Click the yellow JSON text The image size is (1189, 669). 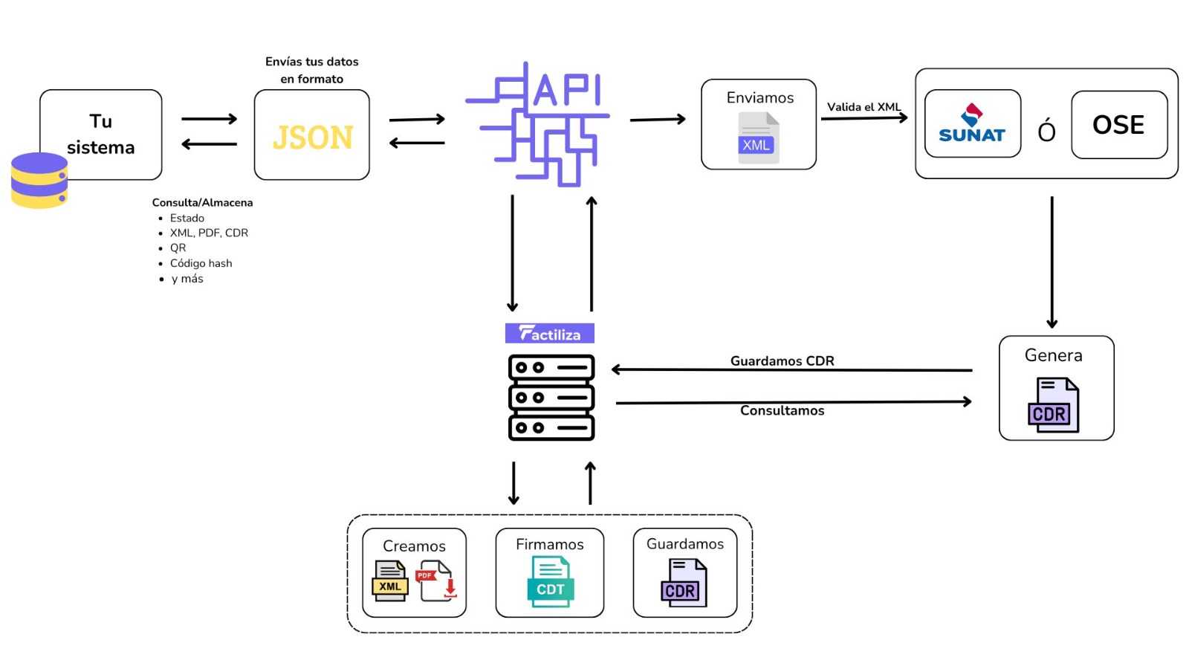[x=312, y=138]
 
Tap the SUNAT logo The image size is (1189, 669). [x=971, y=124]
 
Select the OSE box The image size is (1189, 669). [x=1118, y=125]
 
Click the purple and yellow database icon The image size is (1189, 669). [x=39, y=180]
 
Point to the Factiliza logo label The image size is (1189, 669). [x=549, y=333]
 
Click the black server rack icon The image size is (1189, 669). [x=551, y=398]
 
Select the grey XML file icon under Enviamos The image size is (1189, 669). [x=758, y=138]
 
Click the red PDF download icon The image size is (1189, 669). [x=436, y=581]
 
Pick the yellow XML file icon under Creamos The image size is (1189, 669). [x=390, y=581]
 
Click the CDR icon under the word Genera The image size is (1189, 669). [x=1053, y=405]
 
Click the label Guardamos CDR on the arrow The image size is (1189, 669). [x=782, y=361]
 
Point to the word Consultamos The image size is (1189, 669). [x=782, y=410]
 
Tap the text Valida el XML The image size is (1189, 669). [x=864, y=107]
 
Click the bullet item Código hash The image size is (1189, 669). [x=201, y=263]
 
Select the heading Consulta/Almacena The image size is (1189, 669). [x=202, y=202]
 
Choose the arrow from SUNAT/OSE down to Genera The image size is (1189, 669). [x=1052, y=260]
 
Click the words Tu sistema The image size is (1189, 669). [x=101, y=134]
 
